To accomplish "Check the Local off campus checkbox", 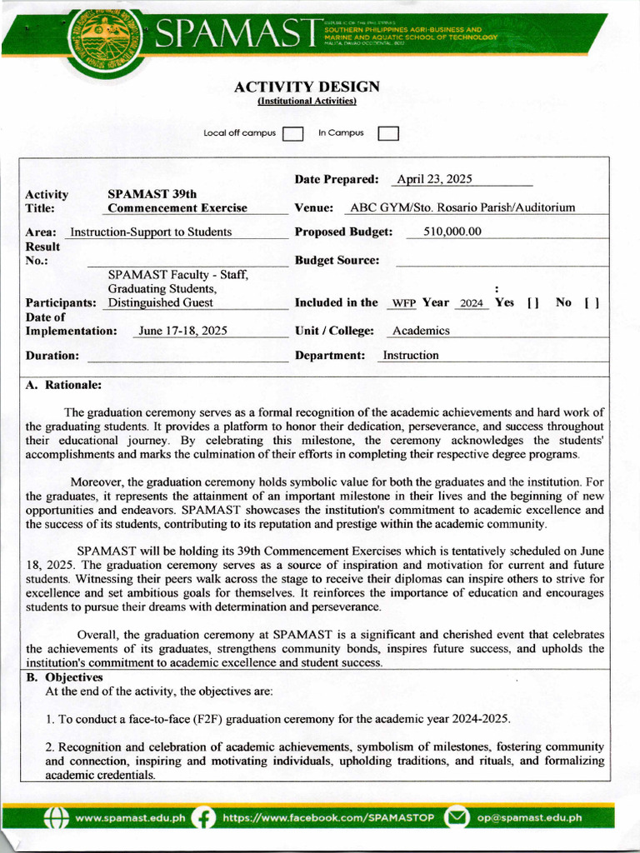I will click(x=292, y=134).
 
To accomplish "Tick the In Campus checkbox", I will click(x=388, y=134).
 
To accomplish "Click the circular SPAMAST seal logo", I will click(x=104, y=42).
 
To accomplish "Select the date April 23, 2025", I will click(x=434, y=179).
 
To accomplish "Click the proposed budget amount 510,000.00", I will click(x=452, y=232).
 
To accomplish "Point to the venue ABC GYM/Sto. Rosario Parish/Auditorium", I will click(x=462, y=207).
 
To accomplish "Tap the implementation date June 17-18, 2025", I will click(x=182, y=331).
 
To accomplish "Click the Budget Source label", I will click(x=337, y=260).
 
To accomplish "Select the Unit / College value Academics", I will click(x=421, y=331).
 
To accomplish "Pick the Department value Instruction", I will click(x=410, y=355).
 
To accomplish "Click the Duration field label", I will click(x=52, y=356).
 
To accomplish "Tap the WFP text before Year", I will click(x=404, y=303).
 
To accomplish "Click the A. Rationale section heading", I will click(x=63, y=385).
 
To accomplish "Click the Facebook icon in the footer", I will click(x=202, y=818).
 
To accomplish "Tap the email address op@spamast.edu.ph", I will click(x=529, y=818).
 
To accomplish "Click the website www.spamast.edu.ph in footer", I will click(x=130, y=818).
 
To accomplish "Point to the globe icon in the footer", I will click(x=56, y=818).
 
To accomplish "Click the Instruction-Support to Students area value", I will click(x=151, y=232).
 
